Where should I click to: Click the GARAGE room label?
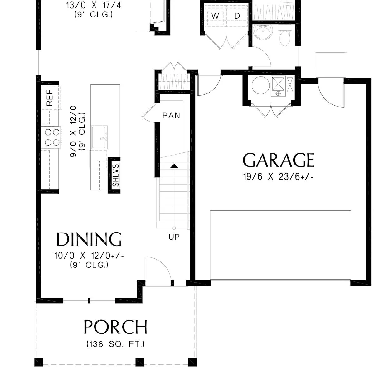[x=278, y=160]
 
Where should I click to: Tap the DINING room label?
[x=89, y=239]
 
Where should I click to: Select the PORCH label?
[x=115, y=327]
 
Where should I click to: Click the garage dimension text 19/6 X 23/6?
[x=278, y=177]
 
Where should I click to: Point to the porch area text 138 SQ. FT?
[x=116, y=344]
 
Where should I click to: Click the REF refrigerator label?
[x=50, y=98]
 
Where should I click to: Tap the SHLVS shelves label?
[x=116, y=175]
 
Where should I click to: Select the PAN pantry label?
[x=171, y=116]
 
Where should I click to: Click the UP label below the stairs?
[x=174, y=237]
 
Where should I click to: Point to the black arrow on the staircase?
[x=174, y=166]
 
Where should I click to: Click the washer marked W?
[x=215, y=16]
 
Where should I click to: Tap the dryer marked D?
[x=237, y=16]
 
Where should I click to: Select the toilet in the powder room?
[x=285, y=35]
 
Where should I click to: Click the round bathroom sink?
[x=263, y=32]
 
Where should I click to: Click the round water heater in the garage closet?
[x=260, y=85]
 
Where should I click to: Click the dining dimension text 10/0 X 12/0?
[x=89, y=256]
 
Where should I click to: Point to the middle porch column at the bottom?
[x=140, y=362]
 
